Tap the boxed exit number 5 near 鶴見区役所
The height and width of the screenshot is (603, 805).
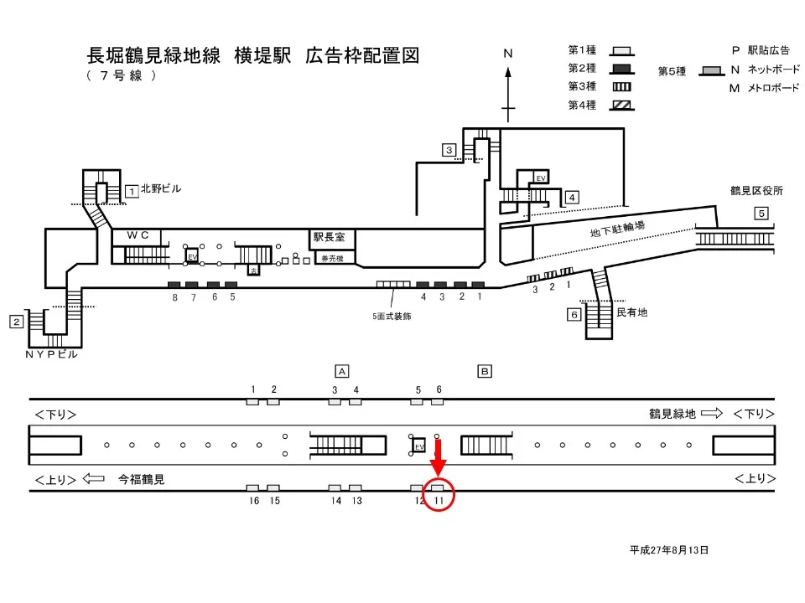tap(761, 213)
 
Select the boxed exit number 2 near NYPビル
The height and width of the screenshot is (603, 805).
tap(16, 322)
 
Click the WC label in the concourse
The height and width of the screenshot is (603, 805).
tap(138, 236)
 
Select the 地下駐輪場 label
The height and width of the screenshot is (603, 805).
tap(618, 229)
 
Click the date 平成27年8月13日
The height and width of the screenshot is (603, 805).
tap(669, 550)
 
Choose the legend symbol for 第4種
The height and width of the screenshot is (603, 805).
tap(621, 105)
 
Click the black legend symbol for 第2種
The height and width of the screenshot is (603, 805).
tap(621, 69)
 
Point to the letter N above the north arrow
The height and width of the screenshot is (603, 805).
tap(507, 54)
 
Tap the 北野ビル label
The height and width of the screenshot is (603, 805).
tap(161, 189)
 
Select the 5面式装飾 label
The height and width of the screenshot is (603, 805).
tap(392, 317)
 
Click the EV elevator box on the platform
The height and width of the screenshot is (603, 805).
tap(419, 446)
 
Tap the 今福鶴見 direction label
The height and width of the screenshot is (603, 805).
tap(141, 480)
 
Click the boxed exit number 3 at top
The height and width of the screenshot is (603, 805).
tap(449, 150)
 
